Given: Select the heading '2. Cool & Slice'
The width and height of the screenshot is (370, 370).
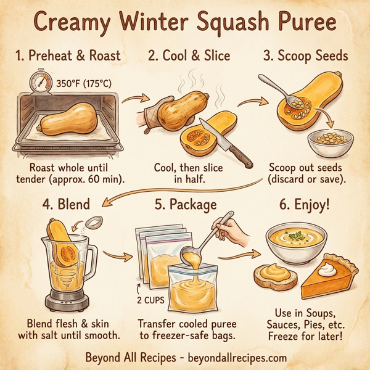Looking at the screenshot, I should (189, 56).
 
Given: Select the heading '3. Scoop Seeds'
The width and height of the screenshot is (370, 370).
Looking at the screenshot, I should (305, 56).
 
